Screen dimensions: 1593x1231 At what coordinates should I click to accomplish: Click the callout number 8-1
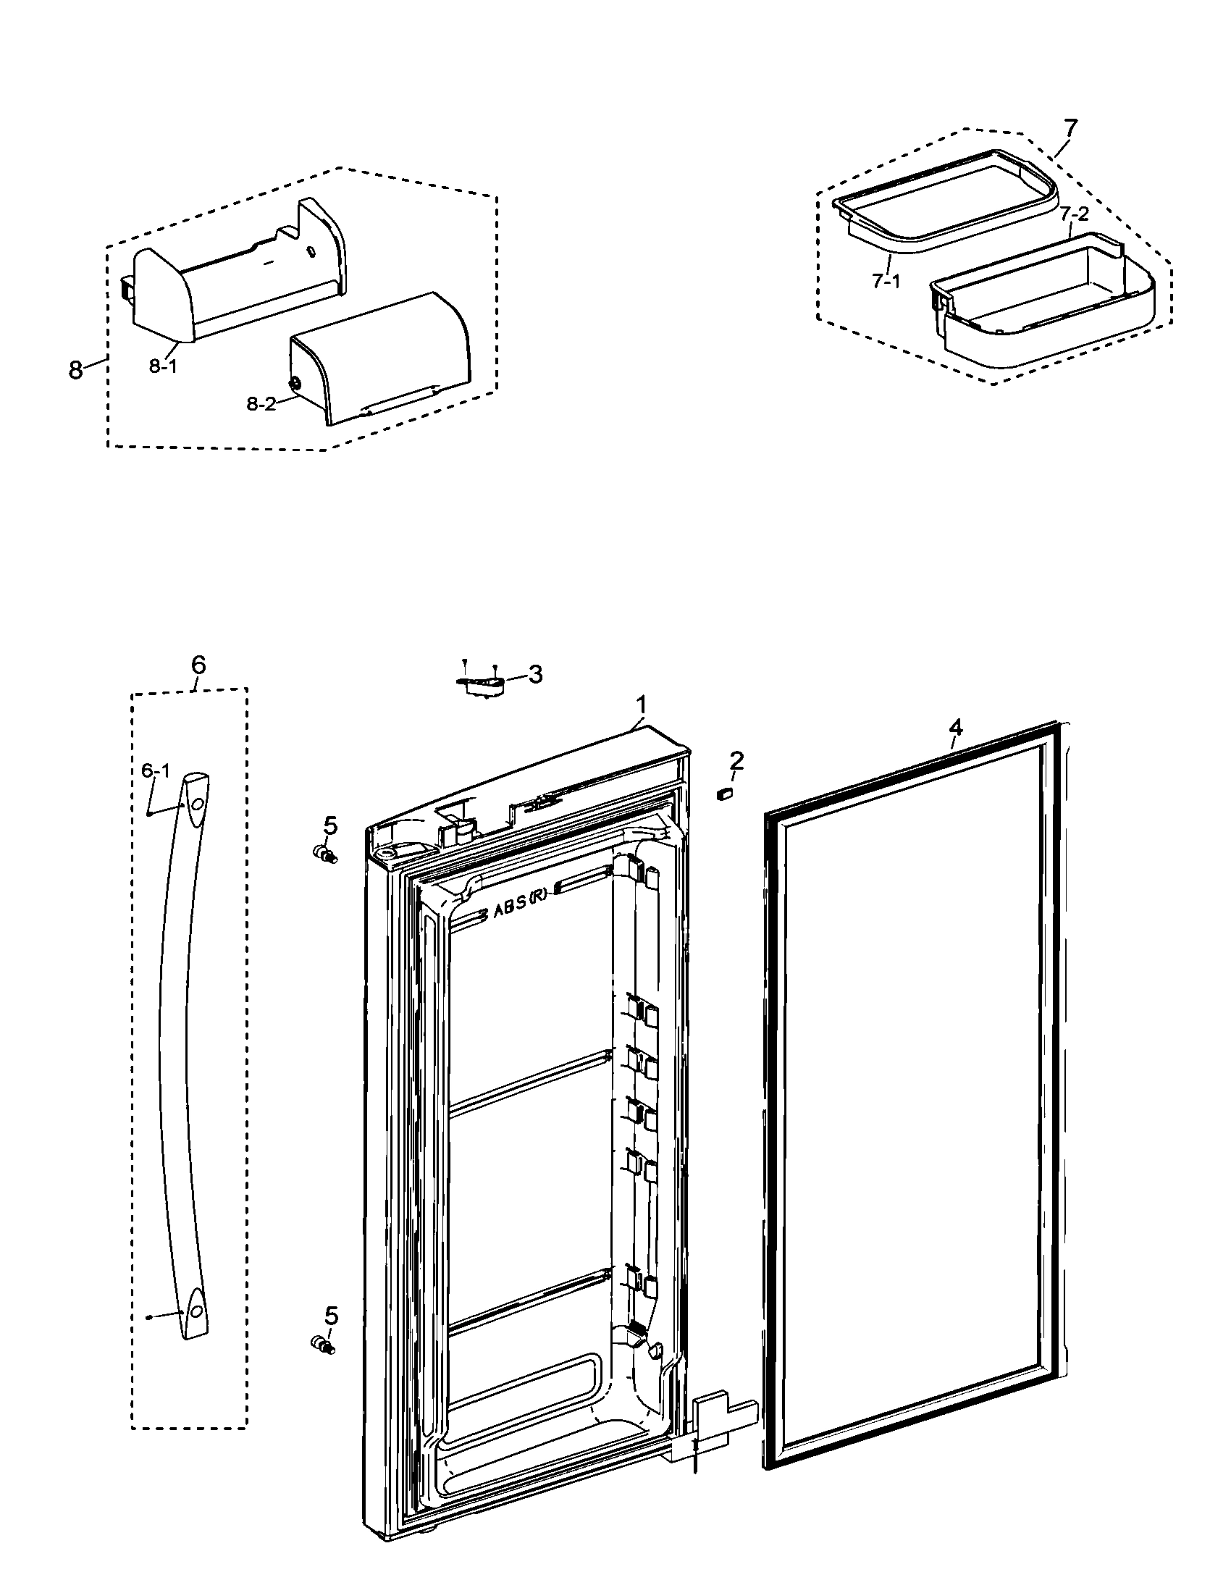163,367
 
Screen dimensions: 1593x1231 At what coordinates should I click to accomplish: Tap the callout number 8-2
261,404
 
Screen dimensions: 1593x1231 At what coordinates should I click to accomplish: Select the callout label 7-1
886,281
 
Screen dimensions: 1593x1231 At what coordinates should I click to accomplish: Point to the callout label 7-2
1074,214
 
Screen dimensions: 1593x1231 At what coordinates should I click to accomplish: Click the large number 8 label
75,370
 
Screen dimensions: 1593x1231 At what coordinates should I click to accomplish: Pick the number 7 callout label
1069,128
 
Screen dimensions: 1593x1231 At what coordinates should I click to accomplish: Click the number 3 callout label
535,675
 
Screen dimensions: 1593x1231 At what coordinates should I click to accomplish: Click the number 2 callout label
737,761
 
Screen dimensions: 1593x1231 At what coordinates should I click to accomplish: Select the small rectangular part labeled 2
725,794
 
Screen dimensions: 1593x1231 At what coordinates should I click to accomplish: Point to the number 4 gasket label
955,727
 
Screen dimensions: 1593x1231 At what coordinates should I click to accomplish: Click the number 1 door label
642,705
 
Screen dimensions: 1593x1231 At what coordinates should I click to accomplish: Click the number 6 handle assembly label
198,665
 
